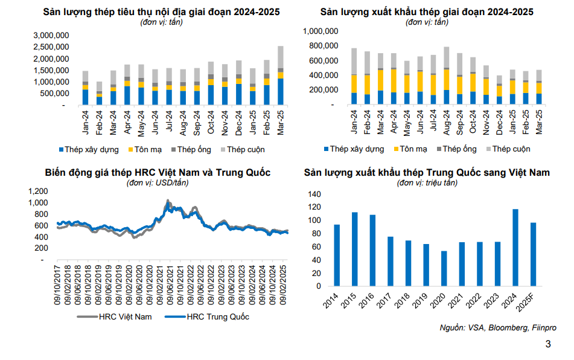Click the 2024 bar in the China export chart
click(x=515, y=247)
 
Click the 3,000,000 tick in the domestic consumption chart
click(x=51, y=36)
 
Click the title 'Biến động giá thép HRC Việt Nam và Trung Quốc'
click(x=158, y=173)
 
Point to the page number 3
click(x=548, y=345)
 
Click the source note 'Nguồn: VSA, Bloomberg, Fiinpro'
click(x=498, y=328)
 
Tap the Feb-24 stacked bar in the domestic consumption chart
click(x=99, y=94)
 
